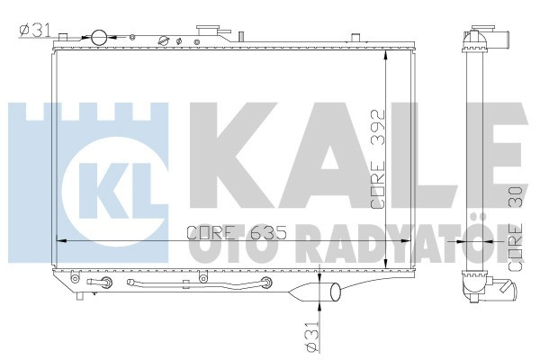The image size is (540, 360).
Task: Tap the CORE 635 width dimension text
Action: click(x=225, y=232)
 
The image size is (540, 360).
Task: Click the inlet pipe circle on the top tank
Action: click(x=98, y=37)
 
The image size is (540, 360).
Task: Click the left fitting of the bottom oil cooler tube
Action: click(x=108, y=285)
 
